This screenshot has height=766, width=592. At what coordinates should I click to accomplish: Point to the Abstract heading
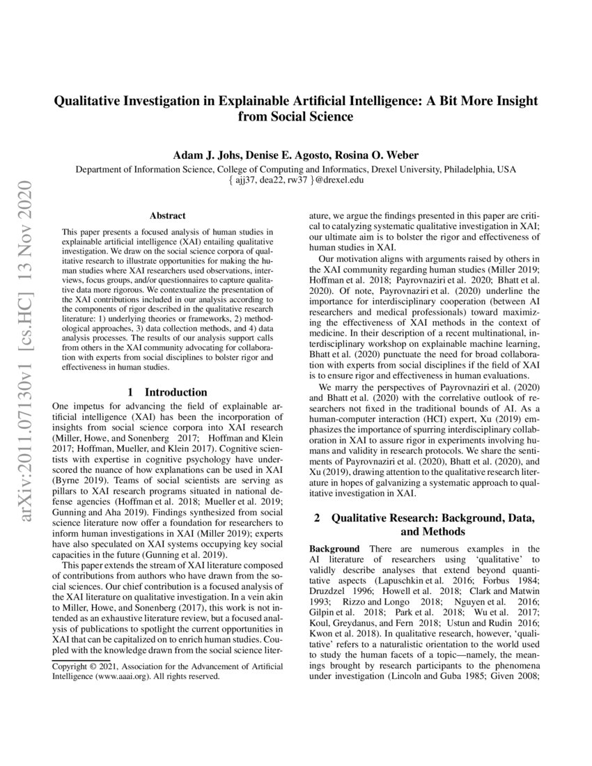coord(167,217)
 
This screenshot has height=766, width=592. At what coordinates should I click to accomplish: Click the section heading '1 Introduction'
coord(168,392)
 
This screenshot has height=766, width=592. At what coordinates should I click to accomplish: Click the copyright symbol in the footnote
coord(89,666)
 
